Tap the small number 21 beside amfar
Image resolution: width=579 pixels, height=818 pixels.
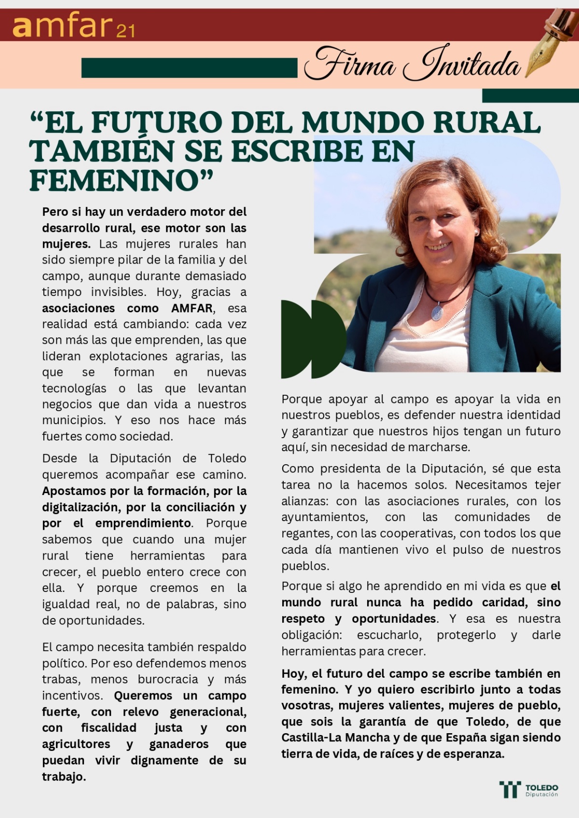(125, 31)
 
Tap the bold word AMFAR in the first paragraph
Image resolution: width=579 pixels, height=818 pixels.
(192, 308)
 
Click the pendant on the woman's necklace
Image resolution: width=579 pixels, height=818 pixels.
(437, 312)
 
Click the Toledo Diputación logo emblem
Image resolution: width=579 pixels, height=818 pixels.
(510, 790)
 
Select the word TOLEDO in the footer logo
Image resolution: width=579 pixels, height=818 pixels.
(541, 787)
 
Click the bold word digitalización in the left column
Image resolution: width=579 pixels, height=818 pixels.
(82, 507)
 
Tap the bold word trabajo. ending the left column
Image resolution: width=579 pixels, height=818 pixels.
(64, 777)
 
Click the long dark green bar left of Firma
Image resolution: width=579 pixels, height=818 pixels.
(189, 67)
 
